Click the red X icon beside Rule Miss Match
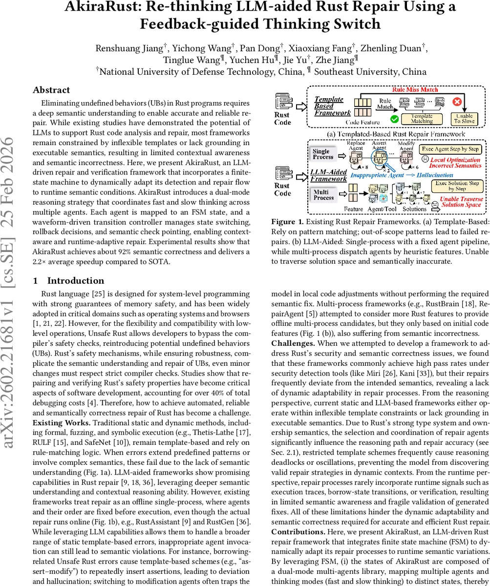point(457,103)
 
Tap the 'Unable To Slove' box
point(464,119)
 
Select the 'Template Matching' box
point(421,118)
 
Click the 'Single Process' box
point(323,154)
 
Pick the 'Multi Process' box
point(323,195)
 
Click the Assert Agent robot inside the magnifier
point(379,157)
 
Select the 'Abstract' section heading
point(51,90)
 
